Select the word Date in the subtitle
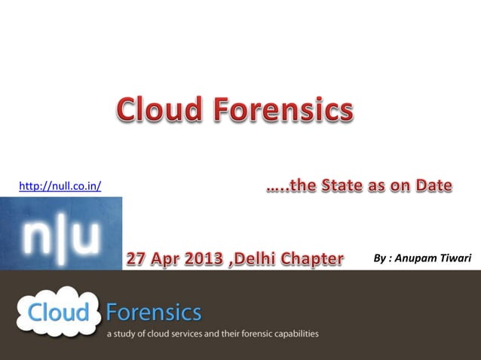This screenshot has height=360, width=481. coord(434,185)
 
